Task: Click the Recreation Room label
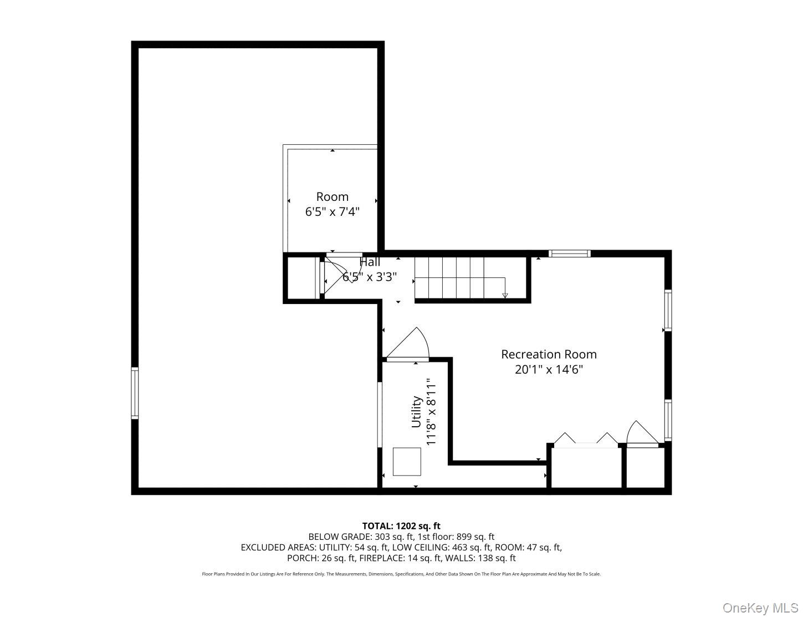tap(549, 354)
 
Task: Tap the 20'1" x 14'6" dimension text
tap(549, 370)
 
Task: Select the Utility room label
tap(416, 412)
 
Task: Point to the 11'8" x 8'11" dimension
tap(432, 412)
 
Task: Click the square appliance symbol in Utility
tap(407, 462)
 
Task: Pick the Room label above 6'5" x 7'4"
tap(333, 196)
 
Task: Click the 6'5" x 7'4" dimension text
tap(333, 211)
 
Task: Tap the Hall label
tap(370, 262)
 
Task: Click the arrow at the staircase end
tap(505, 295)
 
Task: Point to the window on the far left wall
tap(135, 393)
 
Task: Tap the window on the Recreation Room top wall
tap(570, 254)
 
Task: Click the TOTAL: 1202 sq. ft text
tap(401, 526)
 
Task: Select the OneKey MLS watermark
tap(760, 608)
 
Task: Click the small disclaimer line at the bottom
tap(401, 574)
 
